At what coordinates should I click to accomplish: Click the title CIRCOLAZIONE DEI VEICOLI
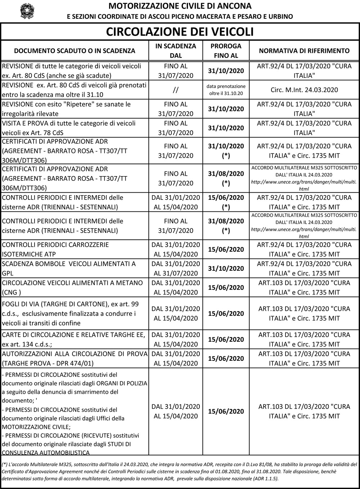180,32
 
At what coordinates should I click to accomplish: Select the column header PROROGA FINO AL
226,51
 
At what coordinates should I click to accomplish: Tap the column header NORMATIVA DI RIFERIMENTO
304,51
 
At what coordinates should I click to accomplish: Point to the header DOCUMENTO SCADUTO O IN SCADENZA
75,51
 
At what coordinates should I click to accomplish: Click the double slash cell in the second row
176,90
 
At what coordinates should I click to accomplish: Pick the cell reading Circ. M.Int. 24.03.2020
304,90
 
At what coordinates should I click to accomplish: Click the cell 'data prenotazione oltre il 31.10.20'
226,90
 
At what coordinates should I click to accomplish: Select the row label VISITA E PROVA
69,128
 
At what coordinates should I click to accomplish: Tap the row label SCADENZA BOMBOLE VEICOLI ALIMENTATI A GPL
69,268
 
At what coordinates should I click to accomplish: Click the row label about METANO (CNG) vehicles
72,287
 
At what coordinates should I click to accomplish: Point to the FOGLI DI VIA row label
70,313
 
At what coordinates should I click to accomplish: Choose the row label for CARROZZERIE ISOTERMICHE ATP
55,249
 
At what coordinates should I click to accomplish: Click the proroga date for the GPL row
226,269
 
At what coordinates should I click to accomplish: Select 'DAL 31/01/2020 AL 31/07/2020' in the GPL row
176,268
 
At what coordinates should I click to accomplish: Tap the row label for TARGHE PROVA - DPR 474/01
75,358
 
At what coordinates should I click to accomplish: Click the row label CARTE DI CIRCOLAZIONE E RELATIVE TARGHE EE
73,339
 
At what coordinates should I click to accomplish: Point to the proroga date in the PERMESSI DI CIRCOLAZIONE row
226,411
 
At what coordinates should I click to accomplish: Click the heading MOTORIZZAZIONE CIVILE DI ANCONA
180,6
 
